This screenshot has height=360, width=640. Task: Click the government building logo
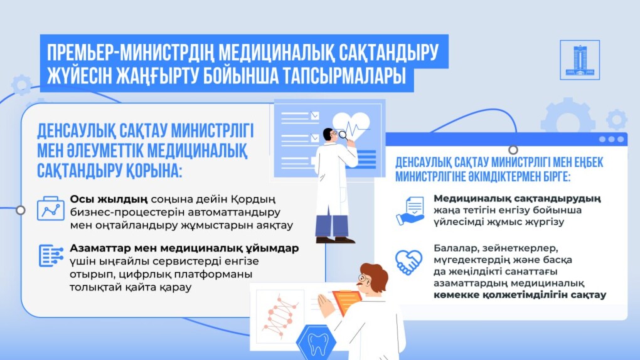pos(580,60)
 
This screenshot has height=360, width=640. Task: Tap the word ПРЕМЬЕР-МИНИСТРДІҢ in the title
pos(131,53)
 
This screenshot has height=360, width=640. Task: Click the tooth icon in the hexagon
pos(317,343)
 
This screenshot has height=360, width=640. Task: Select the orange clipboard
pos(346,303)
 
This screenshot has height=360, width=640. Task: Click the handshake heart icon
pos(408,262)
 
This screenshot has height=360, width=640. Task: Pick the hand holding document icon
pos(410,211)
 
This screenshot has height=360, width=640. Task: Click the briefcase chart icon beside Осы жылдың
pos(51,209)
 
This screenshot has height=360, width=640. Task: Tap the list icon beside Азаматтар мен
pos(51,256)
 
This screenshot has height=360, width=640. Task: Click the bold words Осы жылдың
pos(109,199)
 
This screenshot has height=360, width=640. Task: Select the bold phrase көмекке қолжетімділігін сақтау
pos(520,295)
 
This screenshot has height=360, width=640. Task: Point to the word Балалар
pos(456,248)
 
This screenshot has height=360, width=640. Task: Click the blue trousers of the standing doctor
pos(332,225)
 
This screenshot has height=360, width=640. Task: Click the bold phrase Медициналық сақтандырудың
pos(517,199)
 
